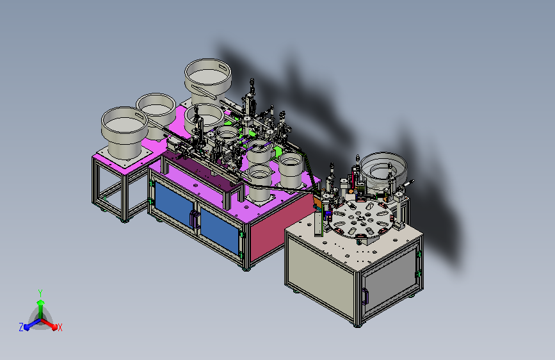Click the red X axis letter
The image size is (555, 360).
point(60,327)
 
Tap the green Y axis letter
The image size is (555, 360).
point(40,293)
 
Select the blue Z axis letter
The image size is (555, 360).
point(21,327)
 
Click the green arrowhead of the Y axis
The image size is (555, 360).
point(41,302)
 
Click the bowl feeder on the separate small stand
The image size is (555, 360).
point(124,132)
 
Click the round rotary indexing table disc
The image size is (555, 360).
point(362,219)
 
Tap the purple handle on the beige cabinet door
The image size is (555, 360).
point(365,296)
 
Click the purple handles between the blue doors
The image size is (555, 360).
point(194,219)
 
